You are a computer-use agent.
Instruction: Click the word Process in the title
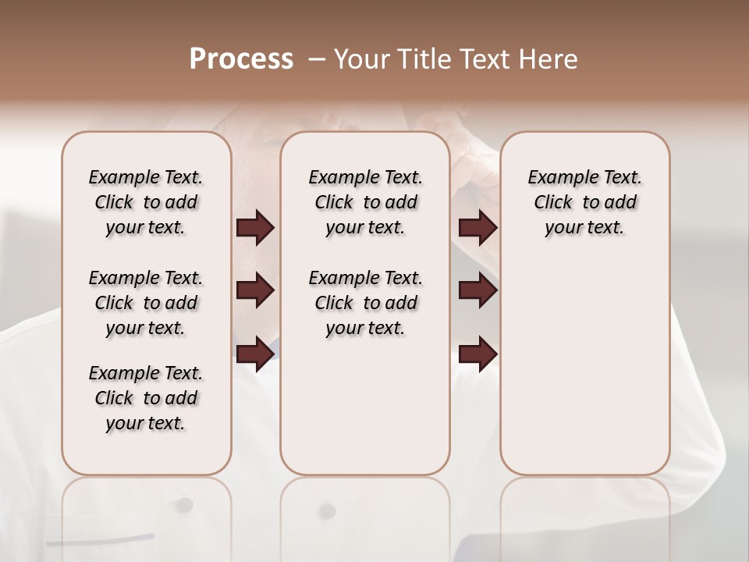point(241,59)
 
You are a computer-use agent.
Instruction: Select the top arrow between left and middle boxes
point(255,227)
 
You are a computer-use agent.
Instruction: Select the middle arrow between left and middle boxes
point(255,290)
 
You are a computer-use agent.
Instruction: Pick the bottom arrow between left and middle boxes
point(255,354)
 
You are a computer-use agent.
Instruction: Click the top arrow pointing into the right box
point(478,227)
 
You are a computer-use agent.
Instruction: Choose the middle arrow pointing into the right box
point(478,290)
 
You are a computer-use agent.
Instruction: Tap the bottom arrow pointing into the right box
point(478,354)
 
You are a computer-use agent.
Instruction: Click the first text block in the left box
point(146,202)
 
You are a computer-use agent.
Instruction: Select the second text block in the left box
point(146,303)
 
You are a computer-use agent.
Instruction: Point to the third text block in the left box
point(146,398)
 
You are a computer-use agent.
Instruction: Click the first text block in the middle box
point(365,202)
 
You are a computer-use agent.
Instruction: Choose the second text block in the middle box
point(365,303)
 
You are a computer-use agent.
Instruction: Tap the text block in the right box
point(584,202)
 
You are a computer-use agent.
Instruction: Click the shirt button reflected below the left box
point(185,504)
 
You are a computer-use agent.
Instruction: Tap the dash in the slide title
point(317,59)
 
